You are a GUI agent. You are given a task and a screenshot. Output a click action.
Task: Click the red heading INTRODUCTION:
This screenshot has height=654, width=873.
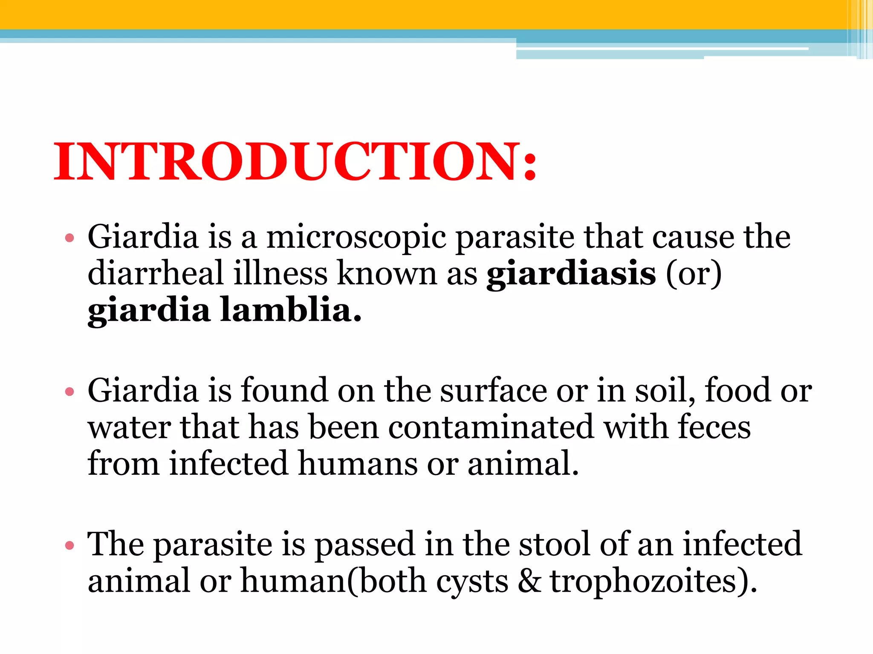(295, 162)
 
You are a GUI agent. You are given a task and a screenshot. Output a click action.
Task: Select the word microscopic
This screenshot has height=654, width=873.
(356, 237)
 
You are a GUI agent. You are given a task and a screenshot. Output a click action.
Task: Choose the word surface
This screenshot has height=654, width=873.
(493, 390)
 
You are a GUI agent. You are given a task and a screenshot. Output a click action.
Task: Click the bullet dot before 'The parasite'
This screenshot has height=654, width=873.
(69, 545)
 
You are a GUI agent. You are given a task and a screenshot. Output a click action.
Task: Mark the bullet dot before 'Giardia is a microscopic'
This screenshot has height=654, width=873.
(69, 238)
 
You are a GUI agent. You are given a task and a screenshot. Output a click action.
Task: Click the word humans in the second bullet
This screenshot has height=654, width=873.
(358, 464)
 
